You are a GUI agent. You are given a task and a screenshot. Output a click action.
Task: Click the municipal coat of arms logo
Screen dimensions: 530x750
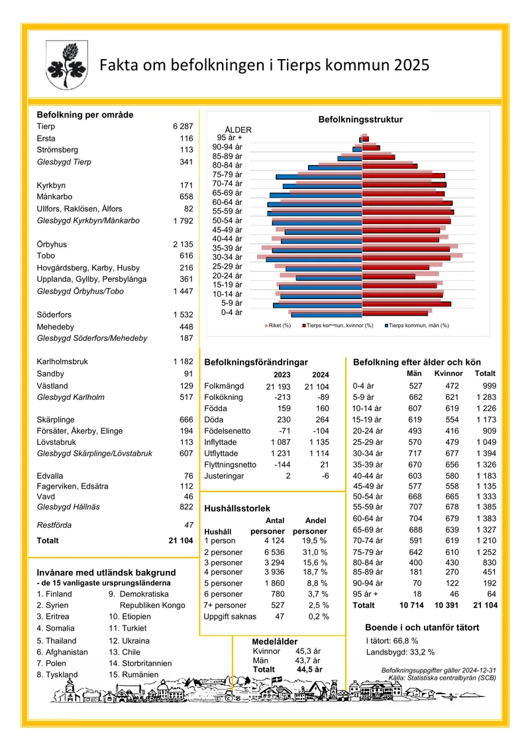point(67,64)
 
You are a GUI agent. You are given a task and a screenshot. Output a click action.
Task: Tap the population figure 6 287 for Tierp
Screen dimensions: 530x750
point(183,126)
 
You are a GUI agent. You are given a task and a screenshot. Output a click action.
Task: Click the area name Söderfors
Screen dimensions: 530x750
point(54,315)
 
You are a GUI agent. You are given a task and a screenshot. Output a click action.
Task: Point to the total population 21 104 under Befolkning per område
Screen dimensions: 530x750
point(181,540)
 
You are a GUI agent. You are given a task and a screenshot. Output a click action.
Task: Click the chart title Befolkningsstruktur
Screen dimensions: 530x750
point(360,119)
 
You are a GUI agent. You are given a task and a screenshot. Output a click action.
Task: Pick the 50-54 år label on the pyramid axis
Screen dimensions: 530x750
point(227,221)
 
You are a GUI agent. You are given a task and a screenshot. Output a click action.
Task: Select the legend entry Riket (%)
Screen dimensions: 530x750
point(278,325)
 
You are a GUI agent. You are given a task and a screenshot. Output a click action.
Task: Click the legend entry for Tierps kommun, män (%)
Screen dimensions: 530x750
point(417,325)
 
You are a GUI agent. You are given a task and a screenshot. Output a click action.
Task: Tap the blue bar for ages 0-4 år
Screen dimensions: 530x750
point(327,315)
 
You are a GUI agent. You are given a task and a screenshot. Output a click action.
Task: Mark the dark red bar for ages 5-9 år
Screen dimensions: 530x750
point(407,304)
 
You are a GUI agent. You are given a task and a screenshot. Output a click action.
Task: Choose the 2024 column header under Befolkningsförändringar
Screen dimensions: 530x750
point(320,375)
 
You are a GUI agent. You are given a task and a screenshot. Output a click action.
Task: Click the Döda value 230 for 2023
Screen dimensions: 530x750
point(284,420)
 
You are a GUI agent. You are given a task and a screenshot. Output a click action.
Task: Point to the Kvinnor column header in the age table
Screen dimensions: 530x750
point(449,373)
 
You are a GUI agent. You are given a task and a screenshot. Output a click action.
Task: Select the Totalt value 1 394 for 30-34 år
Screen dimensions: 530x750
point(486,454)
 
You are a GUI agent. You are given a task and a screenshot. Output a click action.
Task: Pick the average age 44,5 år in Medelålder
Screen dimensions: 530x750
point(309,670)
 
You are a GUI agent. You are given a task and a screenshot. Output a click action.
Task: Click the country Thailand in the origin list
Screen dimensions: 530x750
point(56,641)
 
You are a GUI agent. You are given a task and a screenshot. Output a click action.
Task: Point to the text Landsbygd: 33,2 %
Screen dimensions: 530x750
point(401,653)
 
